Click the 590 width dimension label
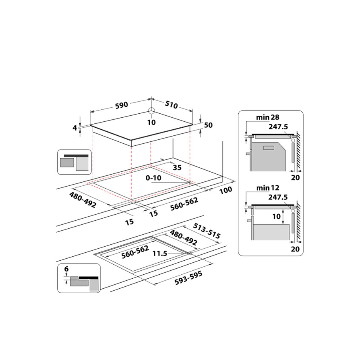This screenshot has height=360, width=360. [x=121, y=105]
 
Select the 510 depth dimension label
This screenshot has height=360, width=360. [x=171, y=106]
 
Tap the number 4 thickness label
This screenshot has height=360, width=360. [x=75, y=128]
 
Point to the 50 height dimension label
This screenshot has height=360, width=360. [x=208, y=125]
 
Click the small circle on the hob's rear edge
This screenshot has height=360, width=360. [x=151, y=111]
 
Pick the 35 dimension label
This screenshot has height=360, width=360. [x=177, y=167]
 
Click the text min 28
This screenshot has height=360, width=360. [x=267, y=117]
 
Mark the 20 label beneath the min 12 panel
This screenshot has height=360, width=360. [x=295, y=248]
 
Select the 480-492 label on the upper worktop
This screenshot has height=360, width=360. [x=82, y=200]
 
